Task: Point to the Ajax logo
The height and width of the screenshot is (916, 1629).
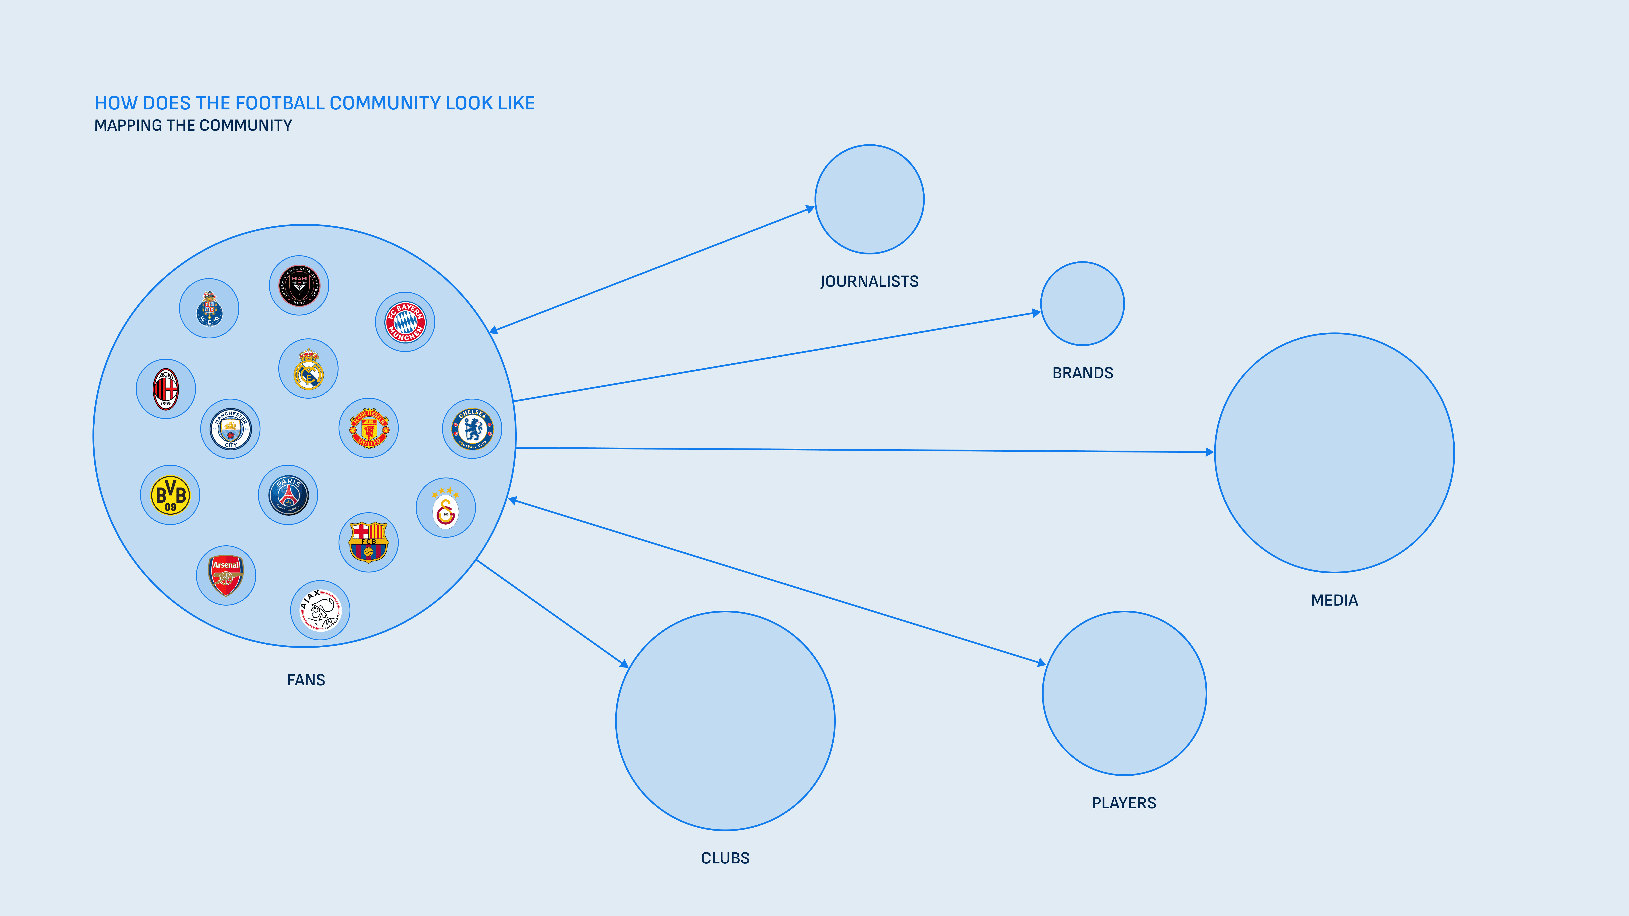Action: click(x=320, y=610)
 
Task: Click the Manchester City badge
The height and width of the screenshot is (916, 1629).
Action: click(x=230, y=429)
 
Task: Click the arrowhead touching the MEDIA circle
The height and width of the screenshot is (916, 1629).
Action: click(x=1209, y=452)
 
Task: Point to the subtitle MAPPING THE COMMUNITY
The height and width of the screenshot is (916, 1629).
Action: click(x=193, y=125)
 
